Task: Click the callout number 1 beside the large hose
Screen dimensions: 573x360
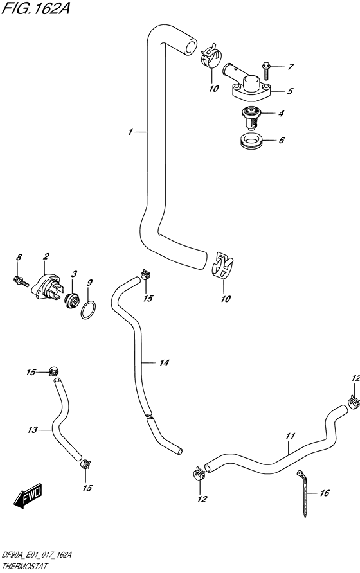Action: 130,132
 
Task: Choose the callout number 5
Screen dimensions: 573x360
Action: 290,91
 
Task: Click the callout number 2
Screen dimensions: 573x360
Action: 46,257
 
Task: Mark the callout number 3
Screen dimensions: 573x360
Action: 74,274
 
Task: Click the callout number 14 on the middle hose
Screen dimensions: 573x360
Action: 164,364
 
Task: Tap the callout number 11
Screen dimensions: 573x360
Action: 290,436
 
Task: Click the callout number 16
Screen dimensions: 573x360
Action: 324,493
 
